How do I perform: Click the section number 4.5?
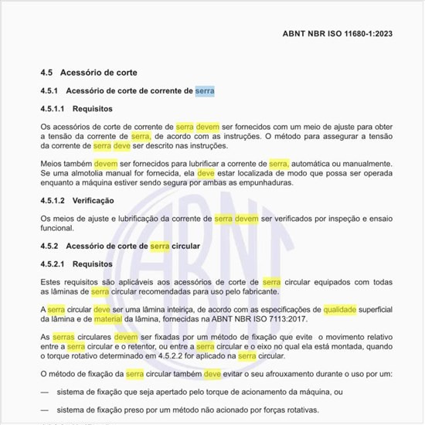46,73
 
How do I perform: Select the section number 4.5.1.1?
53,109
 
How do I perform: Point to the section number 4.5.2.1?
53,264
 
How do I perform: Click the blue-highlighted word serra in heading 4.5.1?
205,91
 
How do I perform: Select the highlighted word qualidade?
340,309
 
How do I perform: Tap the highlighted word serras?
63,338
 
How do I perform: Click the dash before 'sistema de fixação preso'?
45,410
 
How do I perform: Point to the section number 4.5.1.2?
53,201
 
